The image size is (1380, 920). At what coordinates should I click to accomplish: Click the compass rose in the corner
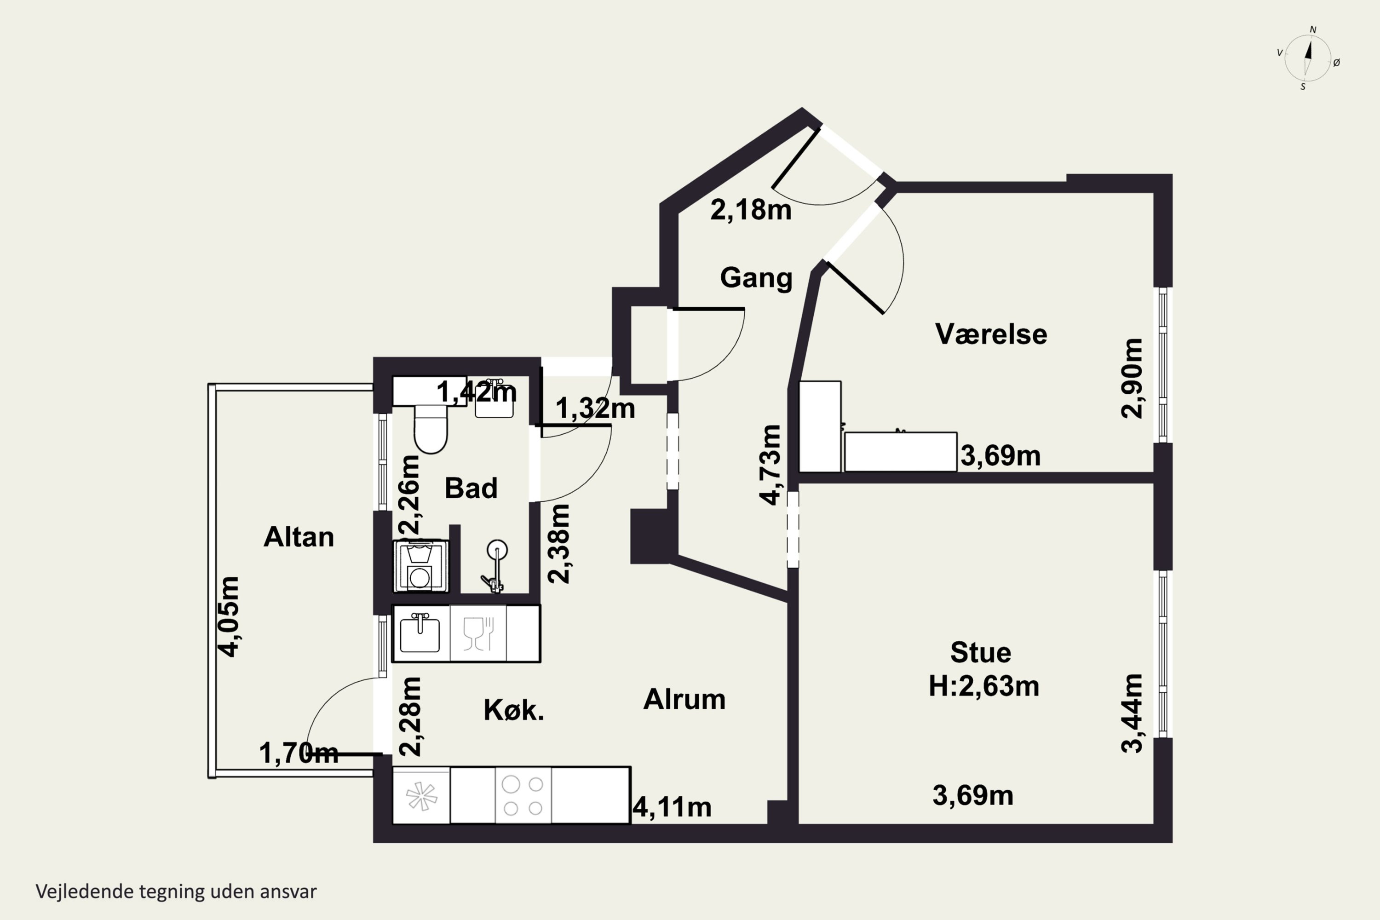point(1308,58)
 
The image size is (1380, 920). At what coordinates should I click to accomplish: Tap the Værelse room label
point(991,334)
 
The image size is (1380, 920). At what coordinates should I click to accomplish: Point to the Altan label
point(299,537)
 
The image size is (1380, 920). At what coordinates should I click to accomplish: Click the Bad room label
point(471,488)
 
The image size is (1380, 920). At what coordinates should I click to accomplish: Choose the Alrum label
point(684,699)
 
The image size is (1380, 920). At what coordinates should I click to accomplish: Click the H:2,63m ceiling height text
point(984,685)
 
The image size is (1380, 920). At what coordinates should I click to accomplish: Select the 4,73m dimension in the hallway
point(771,465)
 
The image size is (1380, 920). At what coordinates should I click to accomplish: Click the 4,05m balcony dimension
point(229,617)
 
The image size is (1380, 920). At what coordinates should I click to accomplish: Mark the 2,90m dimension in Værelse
point(1132,379)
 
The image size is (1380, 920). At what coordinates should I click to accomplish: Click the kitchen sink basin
point(420,634)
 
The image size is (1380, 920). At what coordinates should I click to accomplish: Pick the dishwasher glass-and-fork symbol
point(477,634)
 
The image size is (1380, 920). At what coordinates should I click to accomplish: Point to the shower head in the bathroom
point(497,550)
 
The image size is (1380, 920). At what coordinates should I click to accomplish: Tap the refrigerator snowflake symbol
point(422,796)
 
